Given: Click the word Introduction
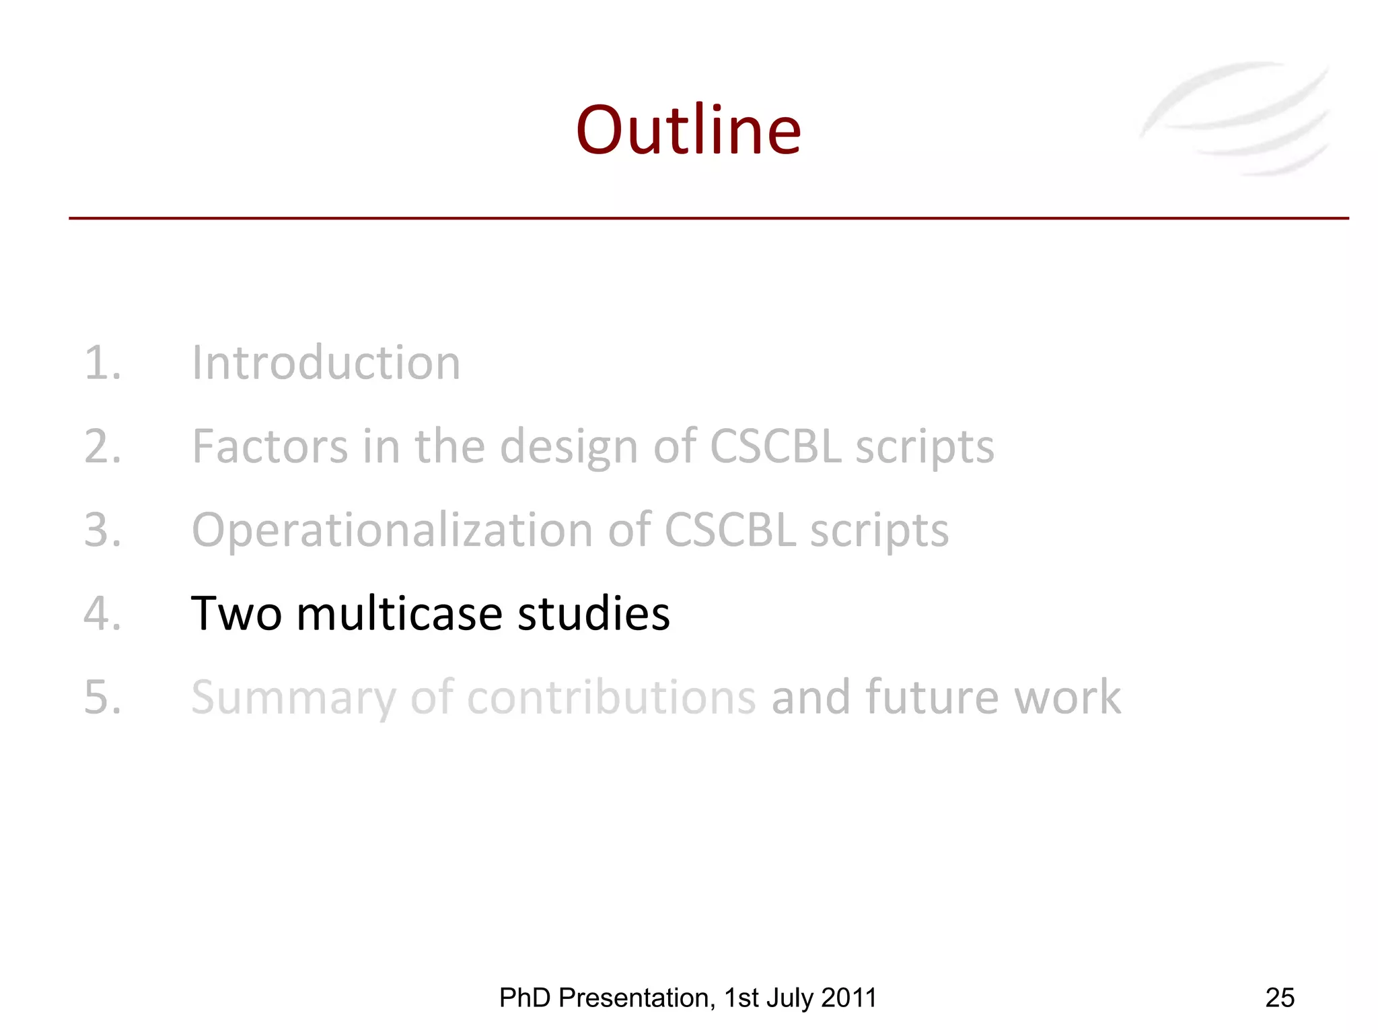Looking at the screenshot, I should [326, 363].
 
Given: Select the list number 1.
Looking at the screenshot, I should [102, 363].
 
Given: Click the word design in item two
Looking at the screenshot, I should [569, 448].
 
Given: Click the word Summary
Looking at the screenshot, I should [293, 698].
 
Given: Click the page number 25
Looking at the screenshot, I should [1279, 998].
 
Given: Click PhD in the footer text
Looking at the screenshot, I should [525, 998].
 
